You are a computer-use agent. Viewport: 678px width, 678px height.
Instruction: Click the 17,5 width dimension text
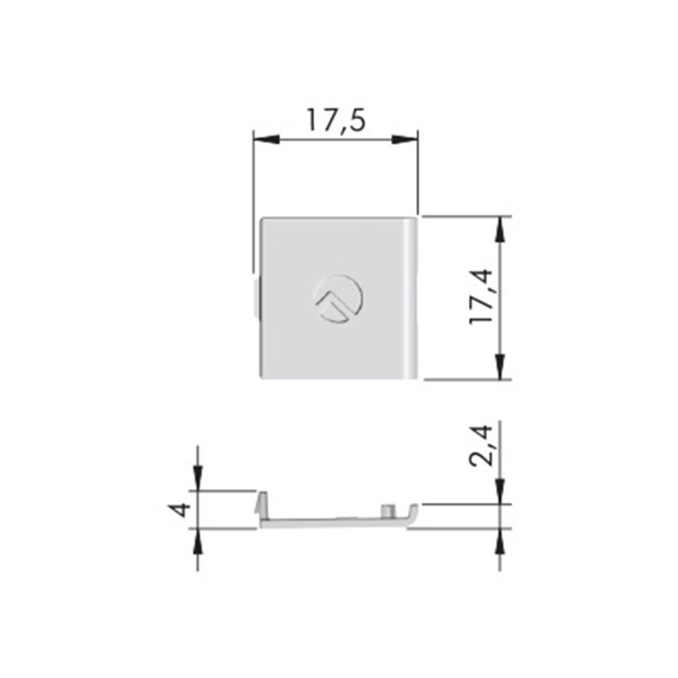[336, 121]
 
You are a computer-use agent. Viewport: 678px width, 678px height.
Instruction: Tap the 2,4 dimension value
[481, 445]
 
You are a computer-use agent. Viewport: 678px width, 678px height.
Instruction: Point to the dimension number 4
[179, 509]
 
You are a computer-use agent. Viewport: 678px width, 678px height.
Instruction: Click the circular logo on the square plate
[338, 299]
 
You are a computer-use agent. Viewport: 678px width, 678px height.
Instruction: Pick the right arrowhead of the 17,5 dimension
[405, 139]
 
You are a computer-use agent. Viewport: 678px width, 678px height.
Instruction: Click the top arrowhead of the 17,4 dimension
[500, 229]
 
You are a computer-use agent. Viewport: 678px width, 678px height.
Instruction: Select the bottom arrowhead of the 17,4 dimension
[500, 367]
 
